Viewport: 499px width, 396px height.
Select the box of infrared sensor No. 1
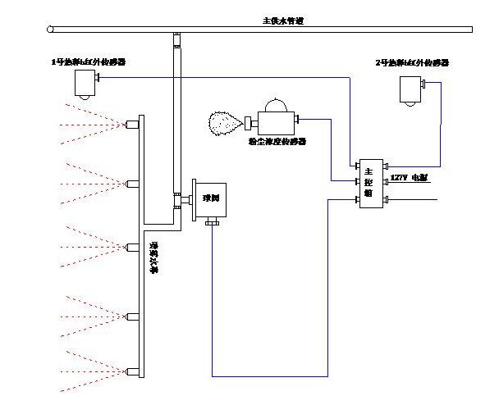[x=85, y=81]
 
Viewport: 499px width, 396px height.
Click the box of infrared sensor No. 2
[x=410, y=86]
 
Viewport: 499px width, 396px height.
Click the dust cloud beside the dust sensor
[x=223, y=124]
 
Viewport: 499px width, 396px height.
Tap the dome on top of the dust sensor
[x=275, y=104]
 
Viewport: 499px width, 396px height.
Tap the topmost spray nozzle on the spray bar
[x=131, y=125]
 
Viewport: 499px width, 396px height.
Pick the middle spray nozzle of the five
[x=131, y=247]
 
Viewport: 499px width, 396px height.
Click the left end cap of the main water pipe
[x=50, y=30]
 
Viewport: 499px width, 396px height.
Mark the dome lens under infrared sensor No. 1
[x=84, y=96]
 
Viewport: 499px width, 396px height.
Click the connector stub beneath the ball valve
[x=212, y=221]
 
